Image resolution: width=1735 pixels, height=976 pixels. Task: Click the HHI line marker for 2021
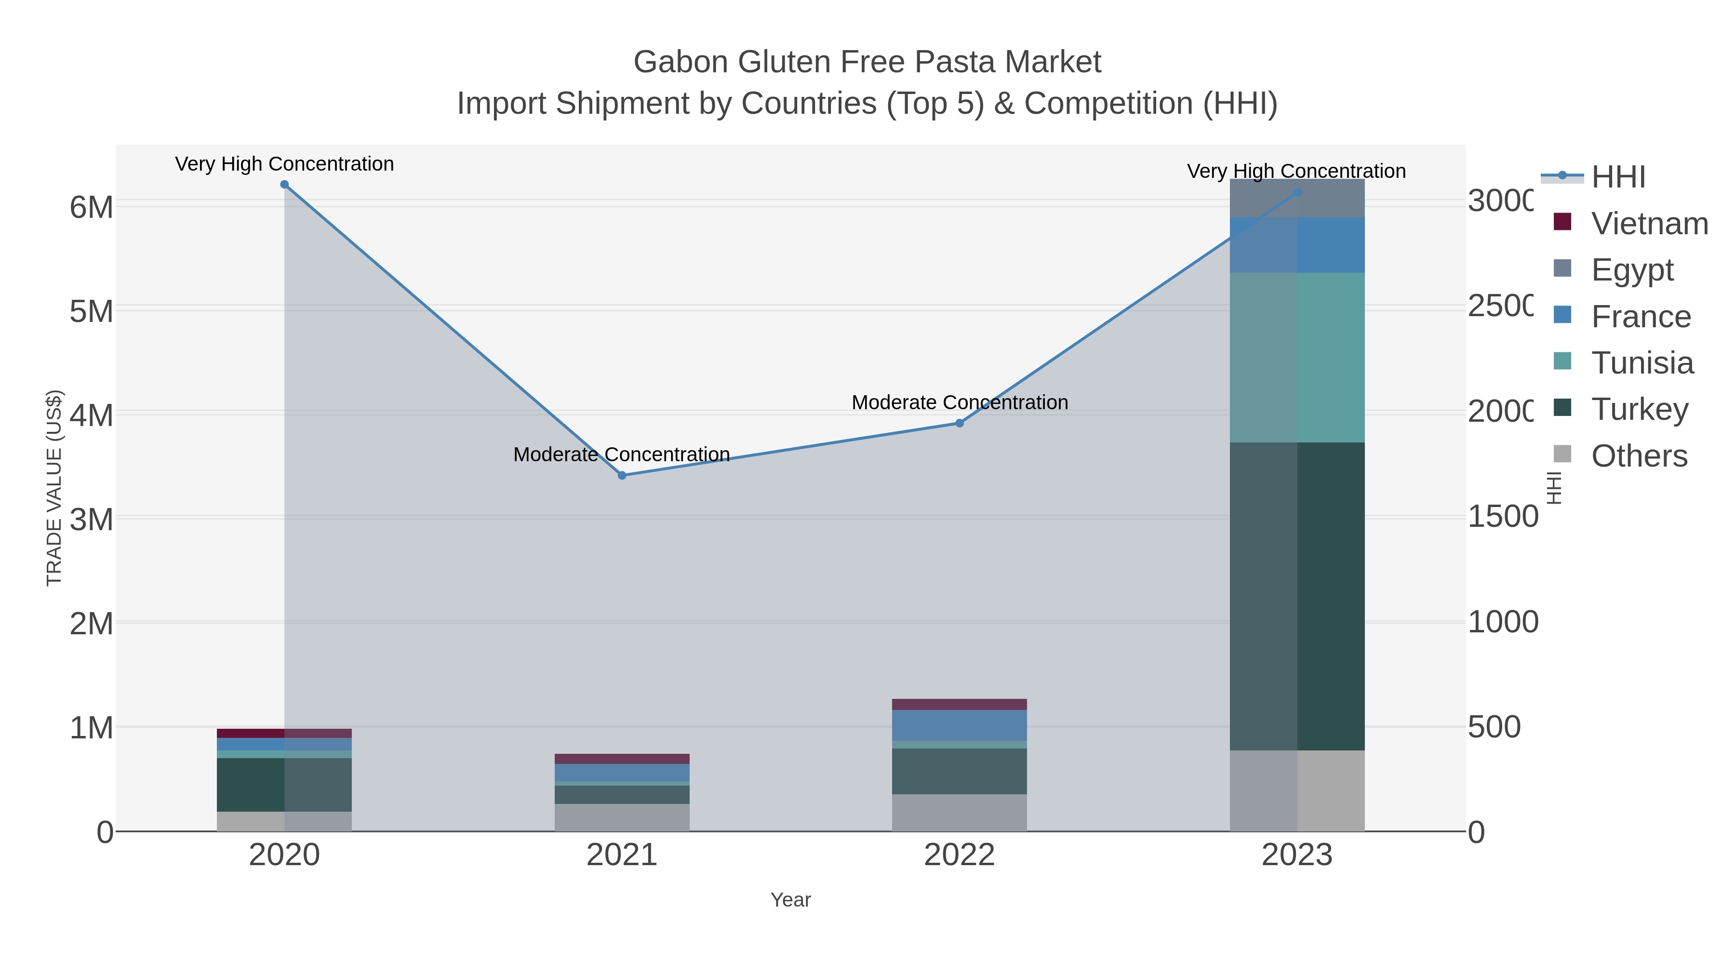pos(622,476)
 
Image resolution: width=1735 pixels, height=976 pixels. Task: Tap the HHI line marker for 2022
pos(959,423)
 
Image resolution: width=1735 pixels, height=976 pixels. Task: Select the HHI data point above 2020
pos(284,185)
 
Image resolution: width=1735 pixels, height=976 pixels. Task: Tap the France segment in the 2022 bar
pos(959,725)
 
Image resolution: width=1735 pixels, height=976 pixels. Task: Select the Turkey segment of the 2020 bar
pos(284,785)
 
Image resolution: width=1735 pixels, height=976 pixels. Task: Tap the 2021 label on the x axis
pos(622,856)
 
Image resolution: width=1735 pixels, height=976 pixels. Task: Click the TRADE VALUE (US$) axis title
pos(54,488)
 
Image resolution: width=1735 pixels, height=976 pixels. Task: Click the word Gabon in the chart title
pos(680,62)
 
